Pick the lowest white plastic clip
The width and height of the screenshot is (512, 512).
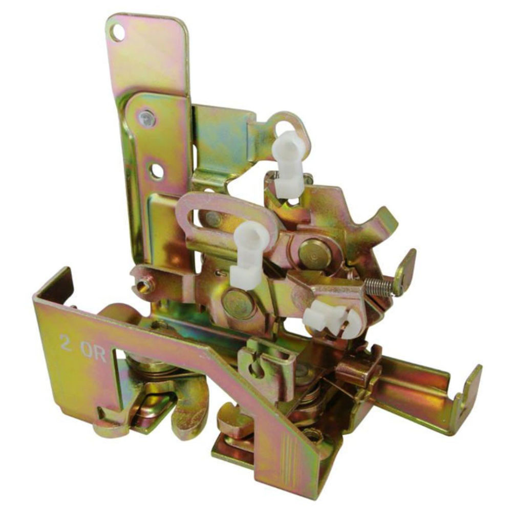330,319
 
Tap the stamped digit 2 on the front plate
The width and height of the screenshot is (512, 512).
66,343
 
